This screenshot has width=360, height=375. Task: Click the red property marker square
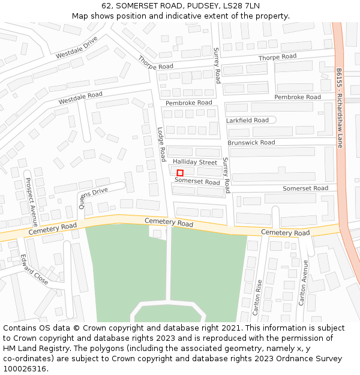pos(180,173)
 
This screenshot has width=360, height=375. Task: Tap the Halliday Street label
pos(195,163)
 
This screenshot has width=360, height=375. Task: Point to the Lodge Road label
pos(161,144)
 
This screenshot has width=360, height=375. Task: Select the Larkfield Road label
pos(247,121)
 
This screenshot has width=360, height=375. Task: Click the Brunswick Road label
pos(251,143)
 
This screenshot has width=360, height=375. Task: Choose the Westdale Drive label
pos(76,47)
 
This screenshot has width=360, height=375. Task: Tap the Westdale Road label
pos(80,98)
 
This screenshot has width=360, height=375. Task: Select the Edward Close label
pos(34,270)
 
